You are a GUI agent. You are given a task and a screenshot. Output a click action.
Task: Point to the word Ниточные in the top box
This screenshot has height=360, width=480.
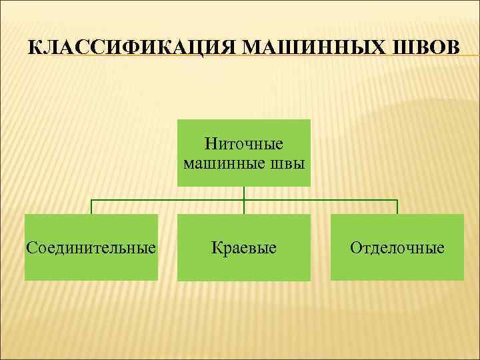(244, 144)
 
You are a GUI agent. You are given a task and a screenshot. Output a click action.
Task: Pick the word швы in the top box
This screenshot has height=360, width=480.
(287, 163)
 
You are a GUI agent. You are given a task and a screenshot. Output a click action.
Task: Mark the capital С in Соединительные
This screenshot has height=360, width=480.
(31, 249)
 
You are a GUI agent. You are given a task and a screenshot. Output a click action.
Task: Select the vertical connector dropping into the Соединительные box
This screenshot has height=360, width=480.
(91, 207)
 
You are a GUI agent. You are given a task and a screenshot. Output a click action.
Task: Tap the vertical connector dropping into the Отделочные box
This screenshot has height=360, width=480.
(397, 207)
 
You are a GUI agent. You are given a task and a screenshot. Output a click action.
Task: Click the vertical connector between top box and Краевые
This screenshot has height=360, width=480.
(244, 193)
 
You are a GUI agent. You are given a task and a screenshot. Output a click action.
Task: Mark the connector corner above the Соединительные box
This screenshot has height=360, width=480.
(91, 200)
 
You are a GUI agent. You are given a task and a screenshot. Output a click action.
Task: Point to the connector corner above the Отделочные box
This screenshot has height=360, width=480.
(397, 200)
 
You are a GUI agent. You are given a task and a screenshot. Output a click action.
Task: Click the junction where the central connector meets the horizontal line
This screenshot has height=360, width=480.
(244, 200)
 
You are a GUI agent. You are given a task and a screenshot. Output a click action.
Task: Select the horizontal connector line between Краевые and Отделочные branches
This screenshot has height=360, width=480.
(320, 200)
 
